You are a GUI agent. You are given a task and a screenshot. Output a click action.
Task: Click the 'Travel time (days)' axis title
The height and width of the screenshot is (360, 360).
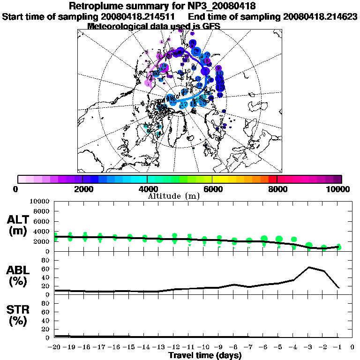click(x=205, y=355)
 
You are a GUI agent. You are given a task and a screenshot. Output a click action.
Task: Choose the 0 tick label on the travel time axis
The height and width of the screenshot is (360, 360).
click(x=352, y=347)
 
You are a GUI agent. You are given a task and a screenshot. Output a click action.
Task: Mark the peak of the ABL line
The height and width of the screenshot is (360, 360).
click(x=309, y=267)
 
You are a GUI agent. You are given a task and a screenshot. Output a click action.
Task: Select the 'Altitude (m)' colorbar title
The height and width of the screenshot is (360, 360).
click(x=174, y=195)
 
